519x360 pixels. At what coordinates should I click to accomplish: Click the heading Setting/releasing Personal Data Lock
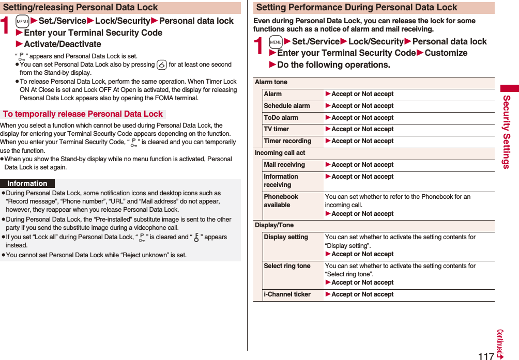(81, 7)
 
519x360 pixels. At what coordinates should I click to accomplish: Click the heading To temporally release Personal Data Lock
(83, 114)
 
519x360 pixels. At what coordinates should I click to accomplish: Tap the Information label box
(27, 183)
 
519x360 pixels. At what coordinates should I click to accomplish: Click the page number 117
(486, 355)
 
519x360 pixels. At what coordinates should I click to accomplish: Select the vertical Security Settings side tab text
(507, 132)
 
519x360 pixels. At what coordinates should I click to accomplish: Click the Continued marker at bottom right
(500, 343)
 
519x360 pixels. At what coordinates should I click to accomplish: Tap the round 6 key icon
(161, 65)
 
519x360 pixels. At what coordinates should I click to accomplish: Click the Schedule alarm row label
(287, 106)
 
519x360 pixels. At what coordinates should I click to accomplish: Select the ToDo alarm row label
(281, 118)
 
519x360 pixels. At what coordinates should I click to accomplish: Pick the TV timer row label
(277, 129)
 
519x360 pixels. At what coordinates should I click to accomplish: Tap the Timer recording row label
(287, 141)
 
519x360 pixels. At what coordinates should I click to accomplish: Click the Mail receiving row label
(284, 165)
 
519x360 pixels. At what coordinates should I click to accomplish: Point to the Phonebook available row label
(281, 201)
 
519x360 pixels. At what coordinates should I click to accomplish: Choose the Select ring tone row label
(287, 266)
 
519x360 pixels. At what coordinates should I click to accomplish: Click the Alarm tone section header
(271, 82)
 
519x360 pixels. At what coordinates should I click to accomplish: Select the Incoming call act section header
(280, 153)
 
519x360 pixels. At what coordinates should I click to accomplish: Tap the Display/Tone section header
(274, 225)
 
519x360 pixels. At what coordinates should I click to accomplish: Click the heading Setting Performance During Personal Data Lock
(357, 7)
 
